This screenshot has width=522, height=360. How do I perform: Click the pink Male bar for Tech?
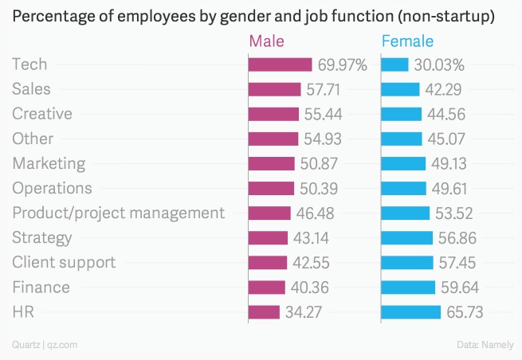pos(280,65)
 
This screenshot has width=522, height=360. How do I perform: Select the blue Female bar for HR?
pos(410,311)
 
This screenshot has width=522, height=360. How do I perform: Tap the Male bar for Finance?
pos(267,287)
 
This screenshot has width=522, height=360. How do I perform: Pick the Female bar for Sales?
pos(400,89)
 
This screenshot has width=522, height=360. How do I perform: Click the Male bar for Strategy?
pos(268,237)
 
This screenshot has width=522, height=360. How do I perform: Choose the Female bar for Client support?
pos(406,262)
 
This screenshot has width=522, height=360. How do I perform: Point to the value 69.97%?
pos(342,65)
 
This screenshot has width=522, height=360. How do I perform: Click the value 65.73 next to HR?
pos(465,311)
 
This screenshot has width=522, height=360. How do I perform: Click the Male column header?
pos(266,41)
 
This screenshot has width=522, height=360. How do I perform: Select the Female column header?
pos(407,41)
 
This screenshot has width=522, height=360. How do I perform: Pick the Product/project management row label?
pos(118,213)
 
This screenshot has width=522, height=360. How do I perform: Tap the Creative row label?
pos(42,114)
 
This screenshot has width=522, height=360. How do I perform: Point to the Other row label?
pos(33,139)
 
